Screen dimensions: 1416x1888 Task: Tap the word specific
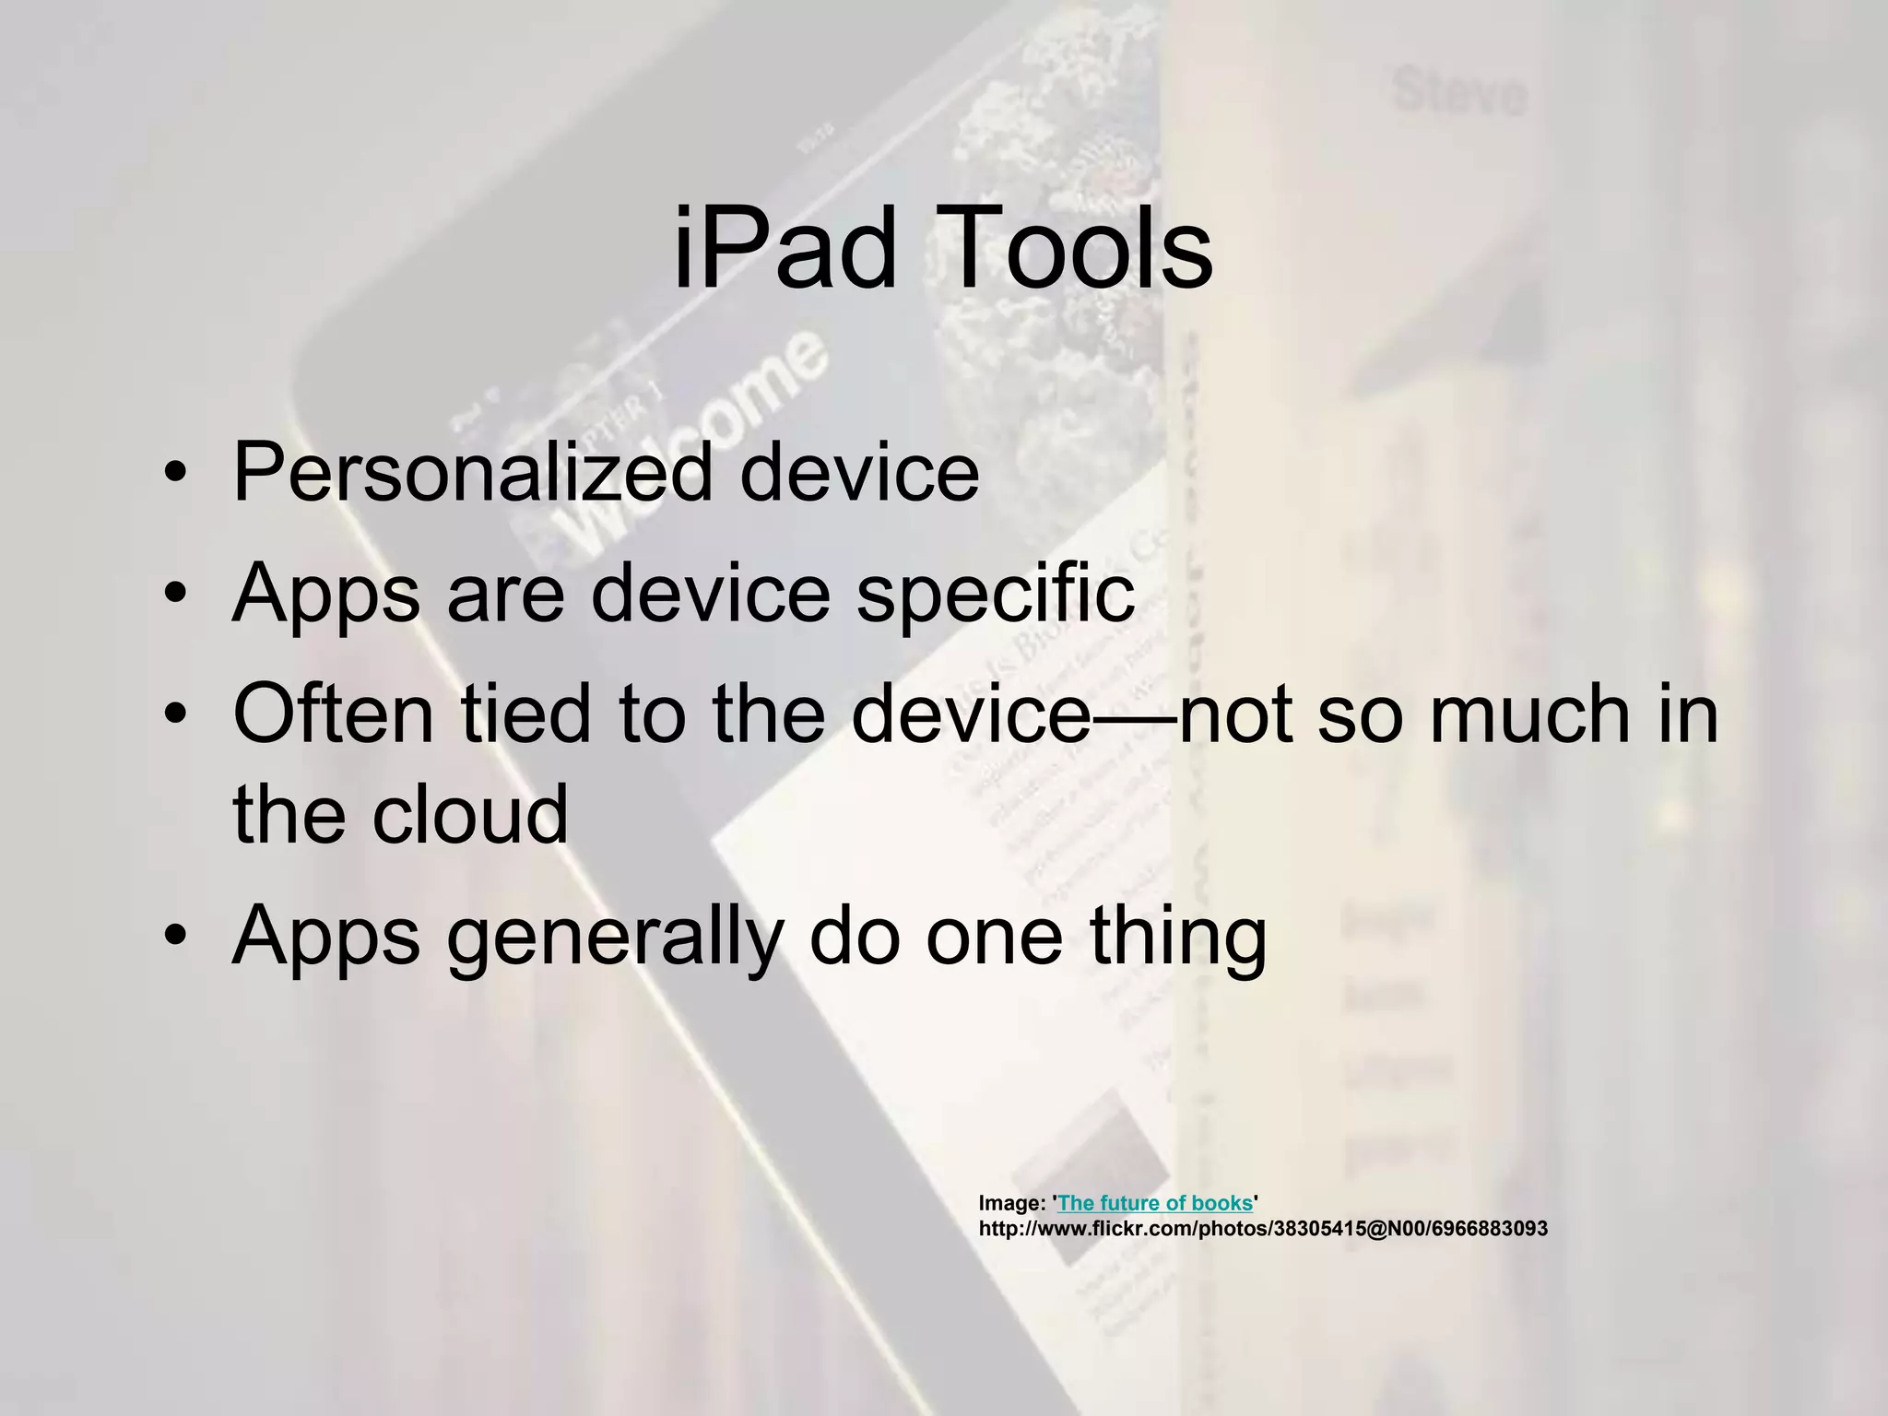(996, 595)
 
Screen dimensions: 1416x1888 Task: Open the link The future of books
(1155, 1203)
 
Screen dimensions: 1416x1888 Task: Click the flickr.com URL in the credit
(1263, 1229)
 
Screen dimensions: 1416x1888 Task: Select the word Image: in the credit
(1011, 1203)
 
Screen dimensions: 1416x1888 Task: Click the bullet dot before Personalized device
(175, 476)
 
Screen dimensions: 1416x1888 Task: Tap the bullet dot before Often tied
(175, 715)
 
